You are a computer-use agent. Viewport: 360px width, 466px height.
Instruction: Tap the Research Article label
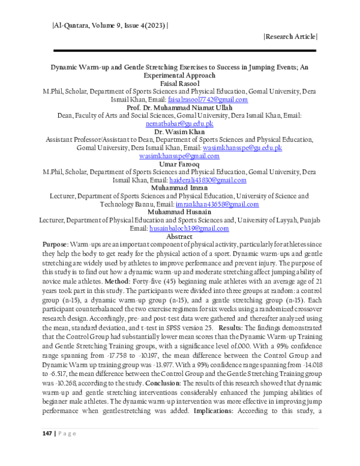pos(290,37)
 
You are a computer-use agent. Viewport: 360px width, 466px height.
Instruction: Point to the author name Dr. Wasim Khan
pos(180,131)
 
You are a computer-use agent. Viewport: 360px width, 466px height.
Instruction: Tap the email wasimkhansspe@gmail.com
pos(180,156)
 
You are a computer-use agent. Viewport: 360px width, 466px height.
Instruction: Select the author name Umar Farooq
pos(180,163)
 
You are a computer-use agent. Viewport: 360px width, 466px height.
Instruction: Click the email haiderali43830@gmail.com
pos(208,180)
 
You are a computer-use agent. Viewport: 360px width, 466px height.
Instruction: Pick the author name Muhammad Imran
pos(180,187)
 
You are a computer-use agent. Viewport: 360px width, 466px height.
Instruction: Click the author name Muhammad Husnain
pos(180,212)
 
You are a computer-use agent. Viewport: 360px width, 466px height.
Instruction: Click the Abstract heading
pos(180,237)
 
